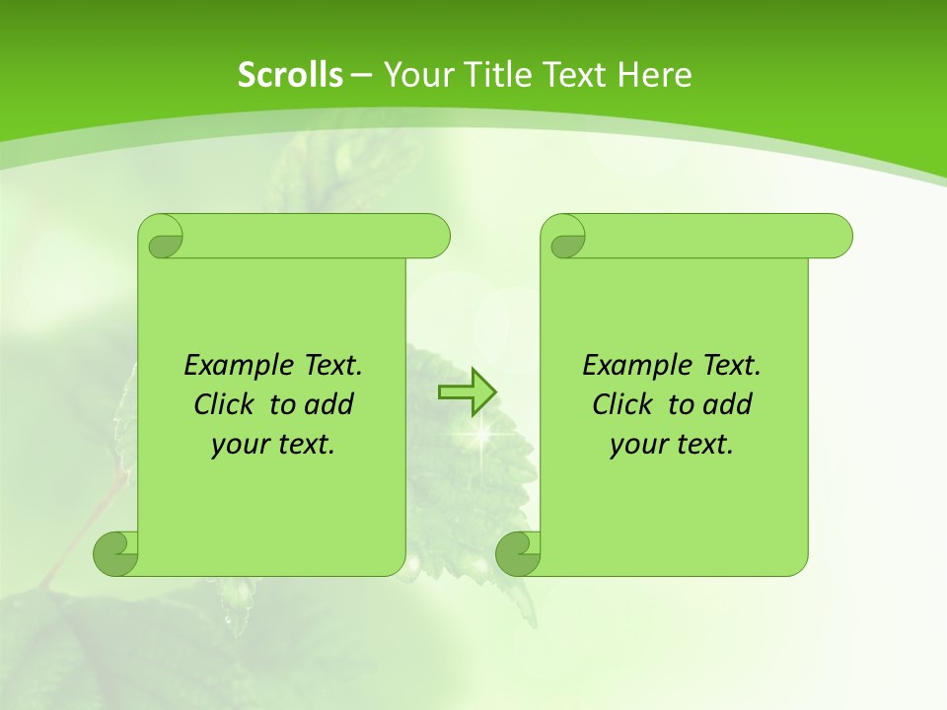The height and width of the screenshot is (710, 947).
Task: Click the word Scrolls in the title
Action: (290, 75)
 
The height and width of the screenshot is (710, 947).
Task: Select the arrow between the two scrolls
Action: (467, 392)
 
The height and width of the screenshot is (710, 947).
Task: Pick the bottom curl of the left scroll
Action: (115, 553)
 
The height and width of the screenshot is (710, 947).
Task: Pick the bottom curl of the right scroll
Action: (518, 553)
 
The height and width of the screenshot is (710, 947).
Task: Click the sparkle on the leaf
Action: (482, 431)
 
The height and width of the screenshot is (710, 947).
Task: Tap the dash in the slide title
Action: (361, 75)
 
